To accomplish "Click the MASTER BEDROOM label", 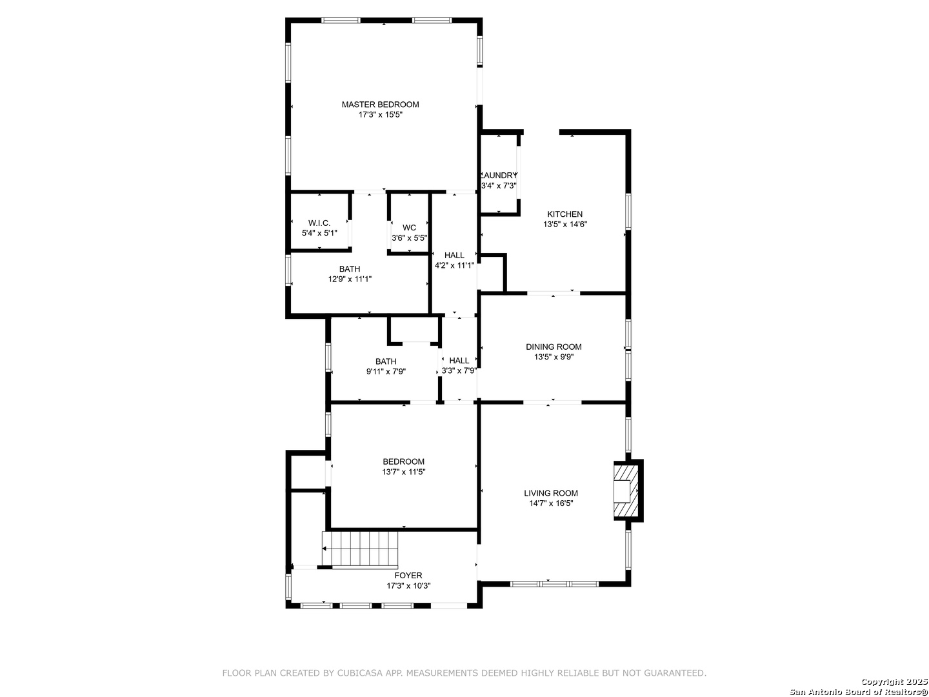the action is [x=380, y=105].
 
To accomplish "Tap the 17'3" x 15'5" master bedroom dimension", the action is [x=380, y=115].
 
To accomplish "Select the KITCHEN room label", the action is [x=564, y=214].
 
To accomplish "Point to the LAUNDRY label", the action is [x=499, y=175].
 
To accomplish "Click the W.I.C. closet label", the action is [x=319, y=223].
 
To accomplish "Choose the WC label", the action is [x=409, y=228].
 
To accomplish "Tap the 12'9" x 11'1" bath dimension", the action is [x=350, y=279].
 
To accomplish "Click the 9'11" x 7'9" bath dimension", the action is [x=386, y=372].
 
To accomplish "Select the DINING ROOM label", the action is [x=553, y=347].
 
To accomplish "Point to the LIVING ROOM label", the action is [x=551, y=493].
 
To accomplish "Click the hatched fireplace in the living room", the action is [x=626, y=491].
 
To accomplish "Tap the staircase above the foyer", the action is [x=360, y=550].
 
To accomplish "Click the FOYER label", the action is [x=408, y=576].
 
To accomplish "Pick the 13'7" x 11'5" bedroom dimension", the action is [x=403, y=472].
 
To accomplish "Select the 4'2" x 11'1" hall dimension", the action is [x=454, y=265].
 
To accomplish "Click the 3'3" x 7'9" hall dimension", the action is [x=459, y=370].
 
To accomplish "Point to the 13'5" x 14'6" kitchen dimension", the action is [x=564, y=225].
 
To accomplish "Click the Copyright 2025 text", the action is [x=895, y=682].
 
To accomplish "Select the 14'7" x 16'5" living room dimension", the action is [x=551, y=503].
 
